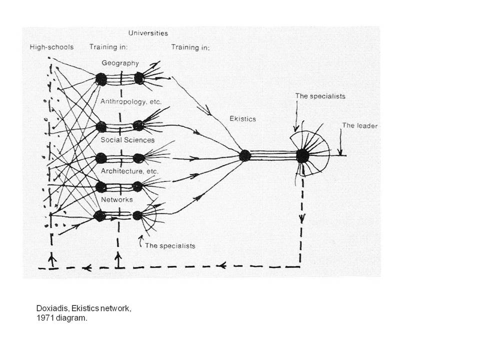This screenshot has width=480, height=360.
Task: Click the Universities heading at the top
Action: coord(148,33)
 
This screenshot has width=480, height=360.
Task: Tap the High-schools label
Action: coord(51,47)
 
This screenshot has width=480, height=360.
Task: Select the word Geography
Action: coord(120,63)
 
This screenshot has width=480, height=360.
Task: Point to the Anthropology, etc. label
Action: coord(131,101)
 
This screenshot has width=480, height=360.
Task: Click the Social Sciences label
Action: coord(127,140)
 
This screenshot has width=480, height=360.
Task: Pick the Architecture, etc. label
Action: coord(130,171)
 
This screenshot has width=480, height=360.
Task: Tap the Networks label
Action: coord(117,199)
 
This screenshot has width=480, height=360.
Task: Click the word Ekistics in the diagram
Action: coord(243,119)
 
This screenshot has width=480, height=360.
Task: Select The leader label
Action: coord(359,125)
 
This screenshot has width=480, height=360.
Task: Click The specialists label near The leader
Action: coord(320,96)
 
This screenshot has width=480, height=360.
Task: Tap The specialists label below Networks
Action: coord(170,246)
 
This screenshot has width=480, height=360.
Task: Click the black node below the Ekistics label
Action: coord(245,155)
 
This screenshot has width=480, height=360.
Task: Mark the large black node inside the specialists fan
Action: coord(302,156)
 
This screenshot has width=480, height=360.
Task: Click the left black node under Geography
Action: coord(100,79)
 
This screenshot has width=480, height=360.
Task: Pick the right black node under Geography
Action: coord(138,78)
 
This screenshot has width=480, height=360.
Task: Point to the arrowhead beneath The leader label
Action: coord(340,152)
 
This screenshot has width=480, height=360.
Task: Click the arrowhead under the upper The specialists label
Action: coord(295,128)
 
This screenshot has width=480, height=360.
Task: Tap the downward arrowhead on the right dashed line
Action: coord(302,218)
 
